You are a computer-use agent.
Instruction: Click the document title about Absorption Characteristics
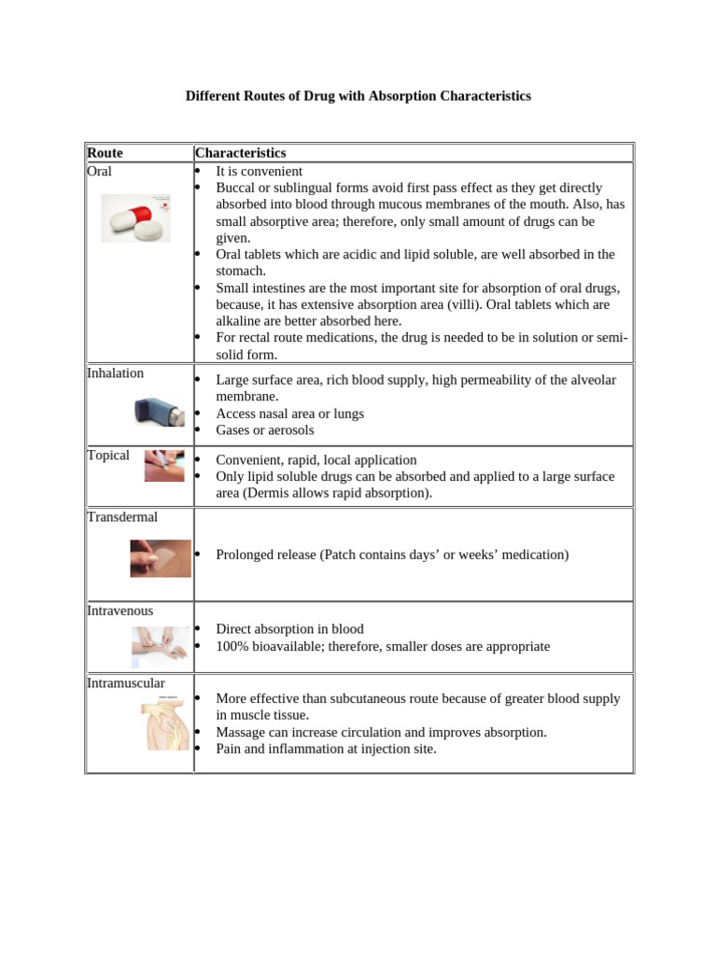tap(358, 96)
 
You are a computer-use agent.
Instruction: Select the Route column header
tap(105, 153)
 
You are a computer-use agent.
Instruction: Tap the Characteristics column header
tap(240, 153)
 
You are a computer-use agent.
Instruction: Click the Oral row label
tap(99, 172)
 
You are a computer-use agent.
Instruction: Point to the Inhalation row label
tap(115, 373)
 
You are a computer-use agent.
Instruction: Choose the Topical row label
tap(107, 456)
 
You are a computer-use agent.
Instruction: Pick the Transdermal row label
tap(121, 517)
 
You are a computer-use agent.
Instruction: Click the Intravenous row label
tap(119, 611)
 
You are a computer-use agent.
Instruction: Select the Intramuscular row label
tap(125, 683)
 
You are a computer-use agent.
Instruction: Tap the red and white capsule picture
tap(135, 218)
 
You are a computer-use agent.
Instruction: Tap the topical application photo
tap(163, 465)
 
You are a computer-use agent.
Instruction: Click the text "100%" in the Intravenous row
tap(232, 646)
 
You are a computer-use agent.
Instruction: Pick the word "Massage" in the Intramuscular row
tap(240, 732)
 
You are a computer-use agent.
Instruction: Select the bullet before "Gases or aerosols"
tap(198, 430)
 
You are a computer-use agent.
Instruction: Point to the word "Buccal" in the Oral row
tap(235, 188)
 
